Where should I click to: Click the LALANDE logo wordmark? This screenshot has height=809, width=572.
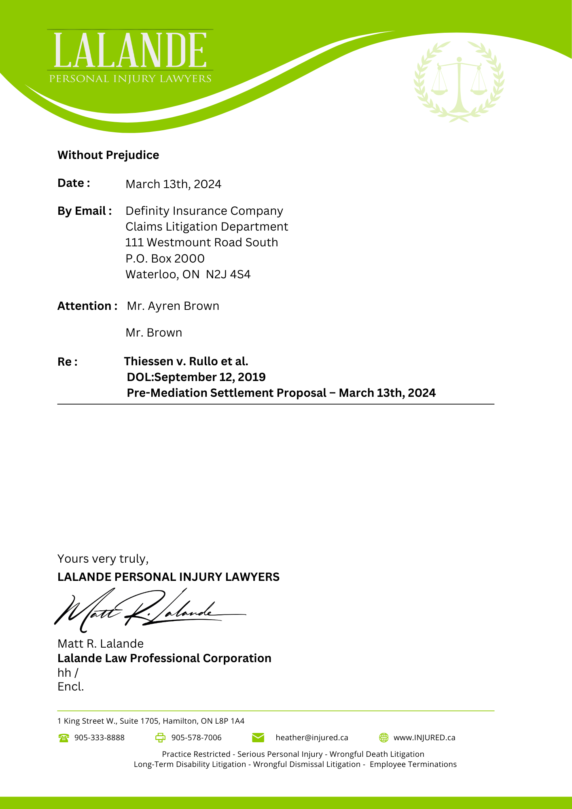[130, 51]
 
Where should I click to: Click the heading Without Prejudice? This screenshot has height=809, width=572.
[108, 155]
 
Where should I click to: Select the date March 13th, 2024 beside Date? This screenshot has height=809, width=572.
[173, 184]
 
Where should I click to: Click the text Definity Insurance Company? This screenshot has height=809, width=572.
[204, 211]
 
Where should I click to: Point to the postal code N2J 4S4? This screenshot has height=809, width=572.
[228, 274]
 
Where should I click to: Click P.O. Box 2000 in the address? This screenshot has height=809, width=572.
[165, 258]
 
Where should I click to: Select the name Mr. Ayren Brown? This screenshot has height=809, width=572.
[173, 306]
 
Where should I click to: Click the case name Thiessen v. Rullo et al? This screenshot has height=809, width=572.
[186, 361]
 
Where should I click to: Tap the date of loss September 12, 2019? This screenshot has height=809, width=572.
[210, 377]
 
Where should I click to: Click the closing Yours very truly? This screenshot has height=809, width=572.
[103, 559]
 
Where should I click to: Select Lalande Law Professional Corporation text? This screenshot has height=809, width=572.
[164, 658]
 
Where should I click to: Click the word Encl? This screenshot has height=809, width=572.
[70, 686]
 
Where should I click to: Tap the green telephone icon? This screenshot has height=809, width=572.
[64, 738]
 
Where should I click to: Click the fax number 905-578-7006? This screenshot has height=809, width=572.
[196, 737]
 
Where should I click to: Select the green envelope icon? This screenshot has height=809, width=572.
[258, 737]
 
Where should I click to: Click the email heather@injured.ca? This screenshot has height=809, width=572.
[311, 737]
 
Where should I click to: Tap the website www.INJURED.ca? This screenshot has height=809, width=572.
[424, 737]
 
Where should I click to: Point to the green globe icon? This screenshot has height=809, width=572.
[383, 737]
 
